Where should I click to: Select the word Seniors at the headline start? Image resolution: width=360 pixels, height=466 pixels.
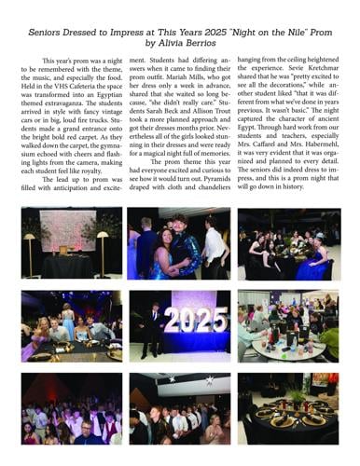(47, 30)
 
